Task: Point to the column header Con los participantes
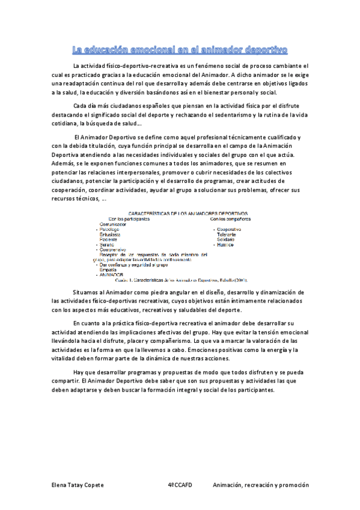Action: [x=128, y=218]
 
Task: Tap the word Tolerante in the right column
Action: [x=228, y=234]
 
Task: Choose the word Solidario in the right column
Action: [x=228, y=239]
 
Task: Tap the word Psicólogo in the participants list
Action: [x=113, y=229]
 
